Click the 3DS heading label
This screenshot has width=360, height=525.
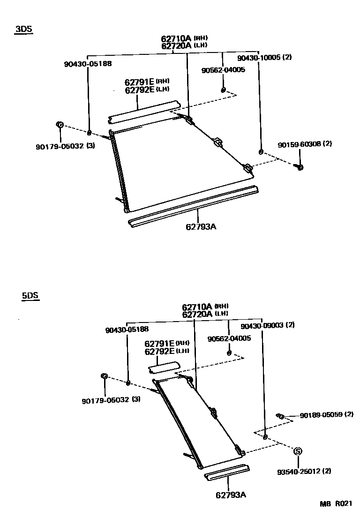coord(23,29)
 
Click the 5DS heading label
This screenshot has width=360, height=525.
coord(30,296)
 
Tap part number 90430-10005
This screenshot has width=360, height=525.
coord(259,58)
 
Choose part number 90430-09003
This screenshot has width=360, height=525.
coord(262,325)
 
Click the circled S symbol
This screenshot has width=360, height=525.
coord(298,451)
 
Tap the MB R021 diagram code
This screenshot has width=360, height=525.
coord(336,504)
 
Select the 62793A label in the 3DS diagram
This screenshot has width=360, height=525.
coord(201,227)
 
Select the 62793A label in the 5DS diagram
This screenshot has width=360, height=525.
coord(231,495)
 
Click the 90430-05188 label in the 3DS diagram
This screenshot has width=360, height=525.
coord(88,63)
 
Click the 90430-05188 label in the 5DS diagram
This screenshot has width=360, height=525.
coord(127,330)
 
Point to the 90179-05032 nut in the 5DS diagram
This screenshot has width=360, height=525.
coord(105,376)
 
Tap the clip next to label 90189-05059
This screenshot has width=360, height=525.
coord(281,415)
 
